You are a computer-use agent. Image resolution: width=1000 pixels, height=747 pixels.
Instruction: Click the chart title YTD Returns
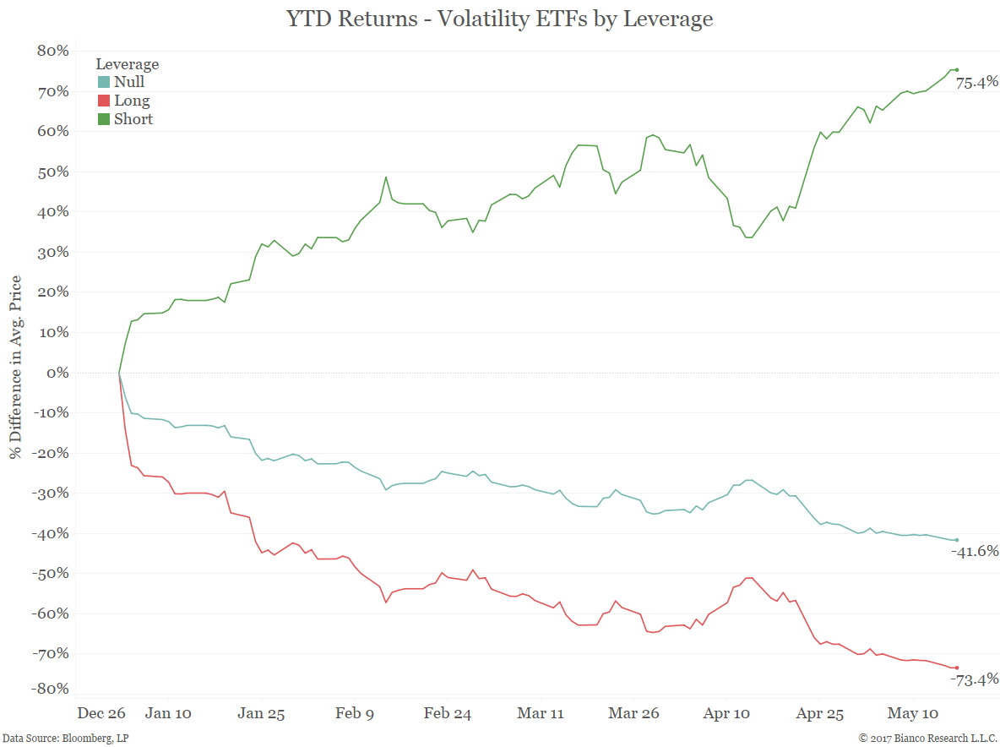coord(499,19)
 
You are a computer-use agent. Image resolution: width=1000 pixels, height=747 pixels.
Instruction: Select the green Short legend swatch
coord(104,120)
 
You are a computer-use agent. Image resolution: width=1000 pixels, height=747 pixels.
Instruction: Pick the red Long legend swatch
coord(104,101)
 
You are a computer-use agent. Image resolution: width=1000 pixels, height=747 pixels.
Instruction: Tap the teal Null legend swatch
coord(104,83)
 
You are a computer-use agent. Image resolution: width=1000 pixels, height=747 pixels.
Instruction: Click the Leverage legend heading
coord(127,64)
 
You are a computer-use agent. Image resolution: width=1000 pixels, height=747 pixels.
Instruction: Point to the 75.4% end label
coord(977,83)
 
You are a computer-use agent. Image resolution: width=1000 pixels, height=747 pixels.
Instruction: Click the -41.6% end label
coord(975,552)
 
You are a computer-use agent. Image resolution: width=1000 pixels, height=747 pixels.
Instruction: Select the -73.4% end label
coord(975,679)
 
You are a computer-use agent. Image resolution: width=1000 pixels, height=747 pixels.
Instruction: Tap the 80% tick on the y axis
coord(52,51)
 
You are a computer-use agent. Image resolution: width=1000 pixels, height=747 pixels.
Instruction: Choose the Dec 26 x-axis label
coord(101,713)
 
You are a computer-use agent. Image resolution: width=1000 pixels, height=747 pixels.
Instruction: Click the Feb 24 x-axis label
coord(448,713)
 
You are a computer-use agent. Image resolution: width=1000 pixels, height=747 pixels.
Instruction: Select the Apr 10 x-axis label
coord(726,713)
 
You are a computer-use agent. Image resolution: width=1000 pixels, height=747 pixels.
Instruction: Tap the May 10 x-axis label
coord(912,713)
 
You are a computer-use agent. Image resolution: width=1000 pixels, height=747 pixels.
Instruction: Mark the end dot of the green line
coord(956,70)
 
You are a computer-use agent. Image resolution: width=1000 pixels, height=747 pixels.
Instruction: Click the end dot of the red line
coord(956,668)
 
